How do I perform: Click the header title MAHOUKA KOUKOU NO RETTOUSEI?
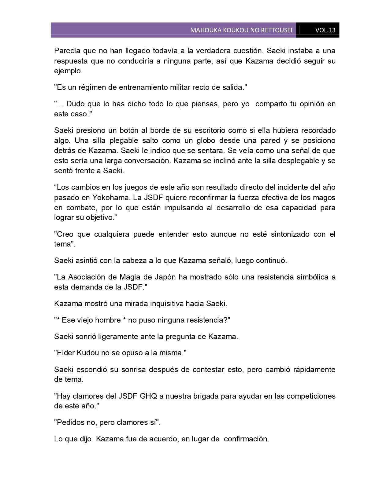tap(241, 30)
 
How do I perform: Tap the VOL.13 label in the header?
tap(325, 30)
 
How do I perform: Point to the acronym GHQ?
tap(148, 396)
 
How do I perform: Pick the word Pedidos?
tap(69, 423)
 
